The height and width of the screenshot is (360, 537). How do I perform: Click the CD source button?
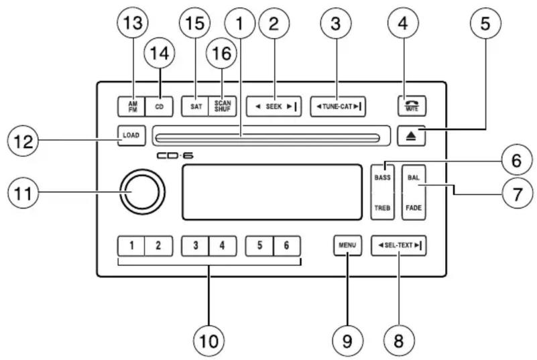[x=159, y=106]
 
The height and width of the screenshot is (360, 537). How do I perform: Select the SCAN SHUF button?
[x=221, y=106]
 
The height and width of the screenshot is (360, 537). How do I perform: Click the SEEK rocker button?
[x=274, y=106]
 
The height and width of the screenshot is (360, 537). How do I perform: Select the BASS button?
[x=383, y=177]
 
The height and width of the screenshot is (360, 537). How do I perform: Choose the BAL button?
[x=413, y=177]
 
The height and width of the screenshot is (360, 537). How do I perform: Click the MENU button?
[x=347, y=245]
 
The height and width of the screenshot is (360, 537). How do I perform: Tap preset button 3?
[x=195, y=245]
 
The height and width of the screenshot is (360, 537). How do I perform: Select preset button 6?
[x=286, y=245]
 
